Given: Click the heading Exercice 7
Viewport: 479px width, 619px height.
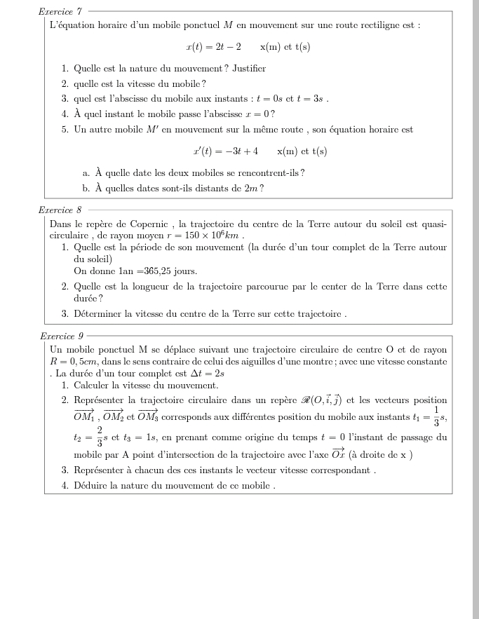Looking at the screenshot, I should (62, 12).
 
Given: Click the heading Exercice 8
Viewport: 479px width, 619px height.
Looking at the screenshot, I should (62, 210).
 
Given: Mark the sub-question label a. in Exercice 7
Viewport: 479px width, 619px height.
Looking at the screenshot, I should (86, 173).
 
